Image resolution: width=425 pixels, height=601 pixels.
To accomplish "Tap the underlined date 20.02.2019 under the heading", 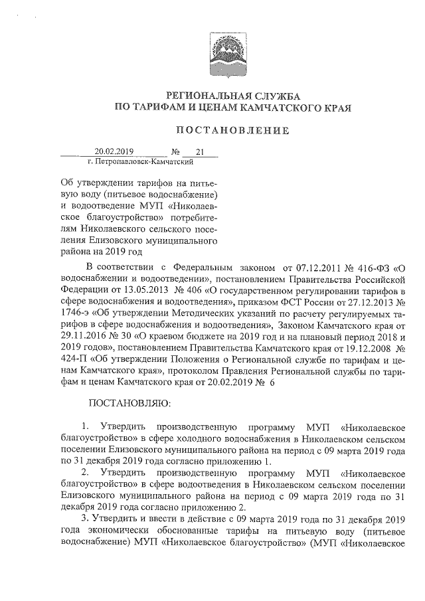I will pyautogui.click(x=114, y=151).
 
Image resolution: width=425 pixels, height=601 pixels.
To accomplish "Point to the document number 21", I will pyautogui.click(x=199, y=151).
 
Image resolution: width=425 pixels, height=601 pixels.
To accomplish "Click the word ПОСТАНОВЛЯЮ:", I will pyautogui.click(x=120, y=404).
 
